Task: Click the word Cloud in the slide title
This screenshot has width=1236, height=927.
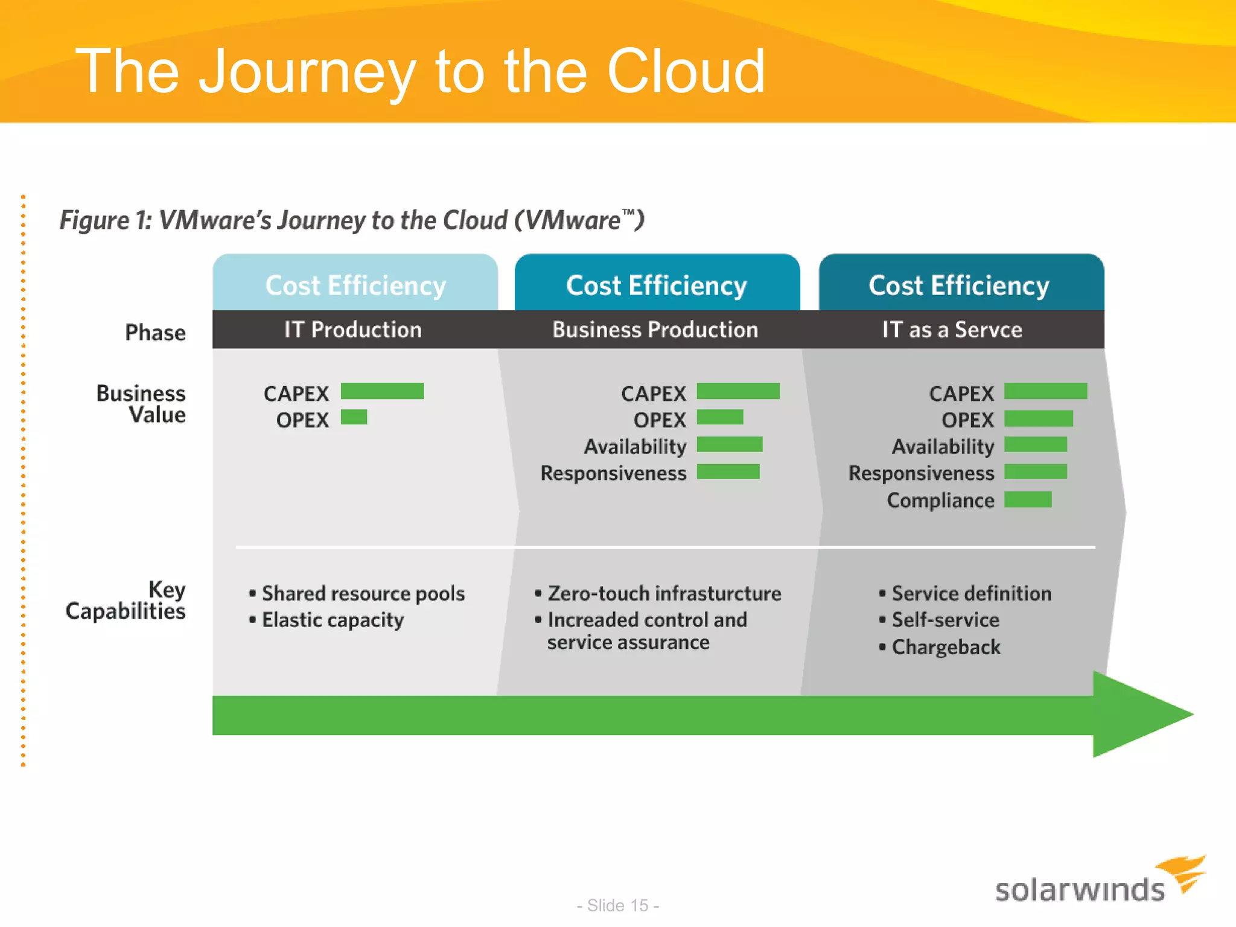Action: coord(686,72)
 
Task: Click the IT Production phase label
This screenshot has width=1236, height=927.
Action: coord(353,330)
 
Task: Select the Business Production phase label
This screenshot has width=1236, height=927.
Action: coord(655,330)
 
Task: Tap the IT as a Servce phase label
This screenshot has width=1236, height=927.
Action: coord(952,330)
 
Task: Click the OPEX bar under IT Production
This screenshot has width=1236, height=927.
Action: coord(354,417)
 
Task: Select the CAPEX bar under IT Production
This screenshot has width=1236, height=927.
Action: coord(382,391)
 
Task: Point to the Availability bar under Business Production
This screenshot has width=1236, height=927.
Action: coord(730,445)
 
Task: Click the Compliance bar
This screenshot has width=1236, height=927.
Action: coord(1028,500)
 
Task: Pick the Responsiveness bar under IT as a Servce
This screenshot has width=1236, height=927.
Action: coord(1036,471)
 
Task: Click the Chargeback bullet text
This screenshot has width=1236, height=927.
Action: coord(946,647)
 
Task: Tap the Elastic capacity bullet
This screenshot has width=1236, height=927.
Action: coord(333,620)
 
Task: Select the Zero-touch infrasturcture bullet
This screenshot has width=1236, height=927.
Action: coord(664,593)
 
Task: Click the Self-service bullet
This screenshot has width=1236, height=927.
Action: coord(945,620)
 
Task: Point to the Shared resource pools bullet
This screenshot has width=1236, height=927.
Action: coord(363,593)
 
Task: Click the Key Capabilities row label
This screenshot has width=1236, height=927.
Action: coord(127,600)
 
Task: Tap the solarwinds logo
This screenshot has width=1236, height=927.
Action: coord(1098,882)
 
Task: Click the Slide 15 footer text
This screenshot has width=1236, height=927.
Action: coord(617,905)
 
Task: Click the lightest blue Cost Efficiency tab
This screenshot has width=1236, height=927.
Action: coord(355,284)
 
